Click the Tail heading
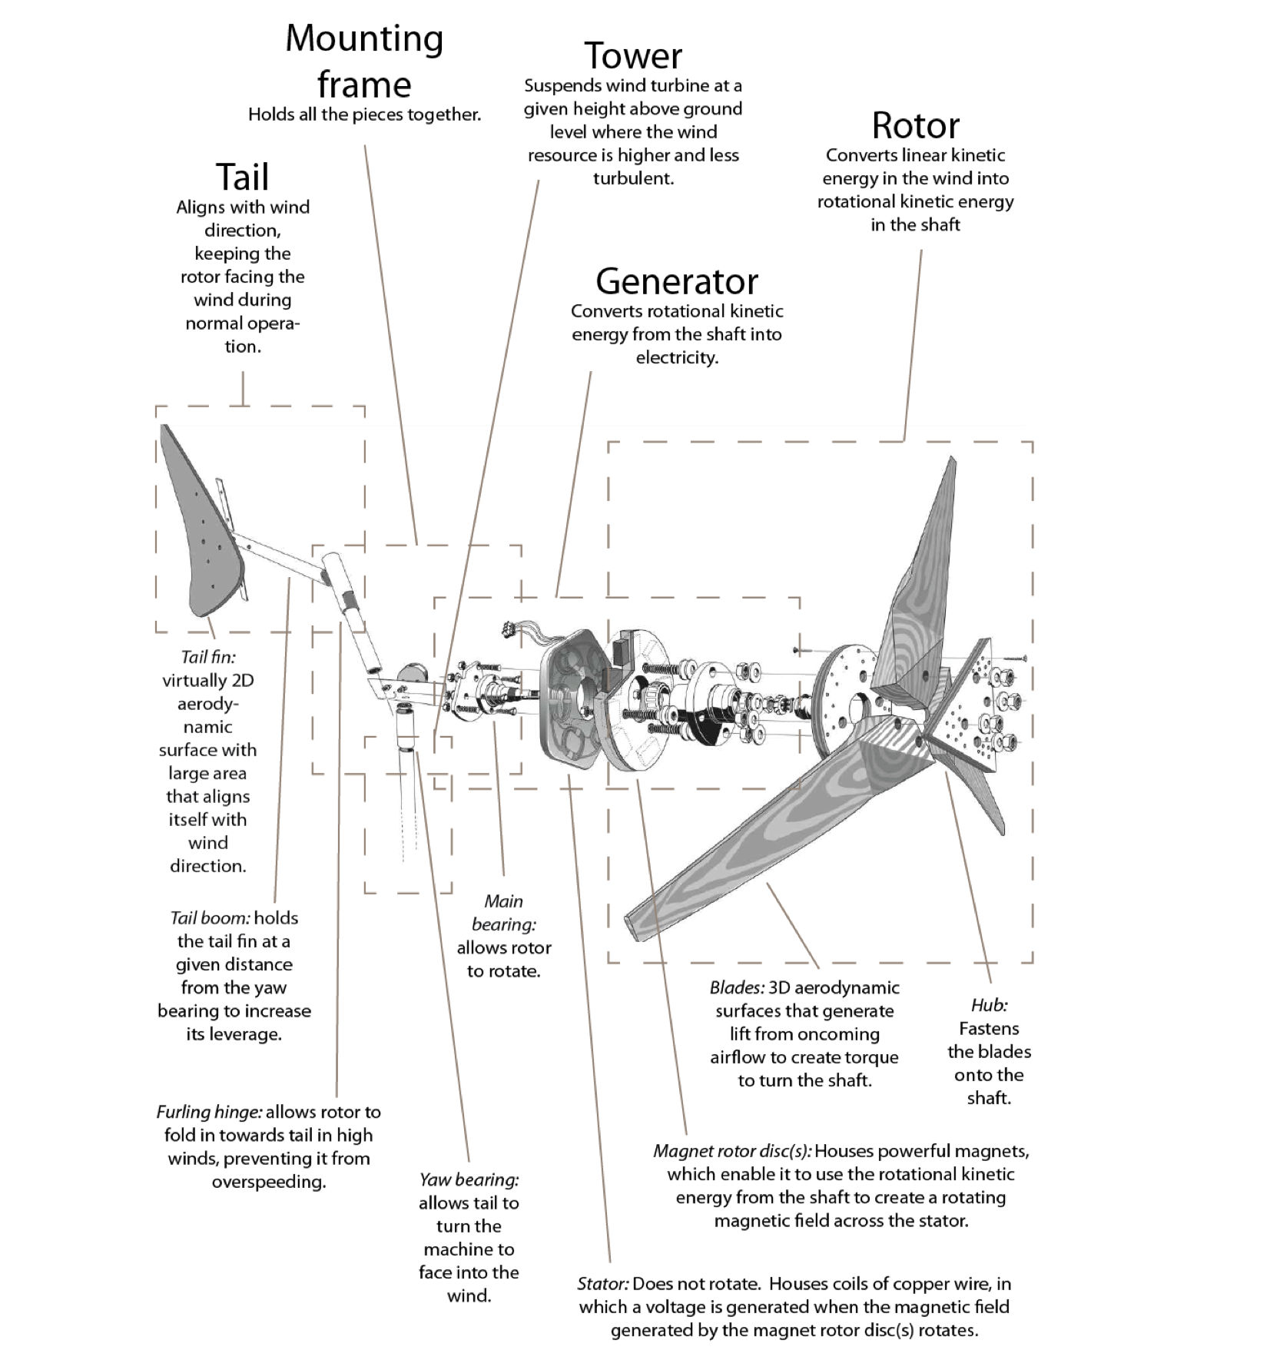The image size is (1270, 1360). click(242, 177)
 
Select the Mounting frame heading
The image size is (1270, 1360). click(364, 61)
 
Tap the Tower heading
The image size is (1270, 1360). click(633, 56)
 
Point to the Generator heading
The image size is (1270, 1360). click(676, 281)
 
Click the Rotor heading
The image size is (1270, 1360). click(915, 125)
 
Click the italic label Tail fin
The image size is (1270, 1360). click(207, 657)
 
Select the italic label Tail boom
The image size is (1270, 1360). click(210, 918)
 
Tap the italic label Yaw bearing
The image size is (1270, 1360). click(469, 1179)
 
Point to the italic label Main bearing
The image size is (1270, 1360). click(504, 913)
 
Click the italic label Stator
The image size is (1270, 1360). click(603, 1284)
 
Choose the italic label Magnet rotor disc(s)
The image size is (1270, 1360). click(732, 1151)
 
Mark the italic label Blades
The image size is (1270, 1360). click(737, 987)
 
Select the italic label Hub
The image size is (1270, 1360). click(989, 1005)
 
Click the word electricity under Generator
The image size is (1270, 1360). click(677, 358)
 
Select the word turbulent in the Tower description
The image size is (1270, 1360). click(633, 178)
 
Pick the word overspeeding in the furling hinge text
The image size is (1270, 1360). click(269, 1182)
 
